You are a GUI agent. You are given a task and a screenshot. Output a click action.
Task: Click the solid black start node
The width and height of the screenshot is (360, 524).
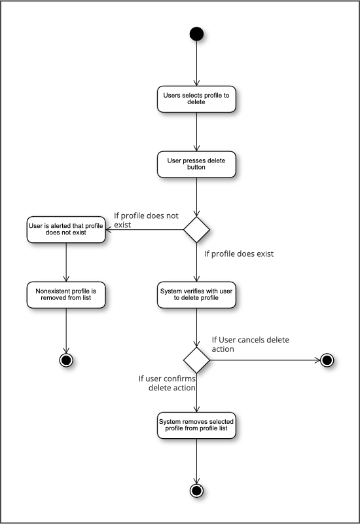click(196, 34)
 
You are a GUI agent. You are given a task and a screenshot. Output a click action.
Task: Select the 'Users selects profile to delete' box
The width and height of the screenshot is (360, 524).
click(196, 99)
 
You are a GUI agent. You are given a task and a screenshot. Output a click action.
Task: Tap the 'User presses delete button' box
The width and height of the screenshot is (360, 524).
click(196, 164)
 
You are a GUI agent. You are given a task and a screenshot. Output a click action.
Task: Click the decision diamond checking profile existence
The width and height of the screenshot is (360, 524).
click(196, 230)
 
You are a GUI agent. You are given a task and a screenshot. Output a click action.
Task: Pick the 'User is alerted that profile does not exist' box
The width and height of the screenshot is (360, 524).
click(66, 230)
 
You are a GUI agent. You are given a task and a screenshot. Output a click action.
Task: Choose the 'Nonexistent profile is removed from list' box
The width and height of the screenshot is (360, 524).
click(66, 295)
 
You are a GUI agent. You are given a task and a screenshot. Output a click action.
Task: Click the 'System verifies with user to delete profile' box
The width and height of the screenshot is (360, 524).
click(196, 295)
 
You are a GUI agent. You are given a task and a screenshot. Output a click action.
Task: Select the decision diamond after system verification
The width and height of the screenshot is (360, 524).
click(196, 360)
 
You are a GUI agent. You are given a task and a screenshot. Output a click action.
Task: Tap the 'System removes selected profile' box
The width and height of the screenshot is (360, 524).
click(196, 425)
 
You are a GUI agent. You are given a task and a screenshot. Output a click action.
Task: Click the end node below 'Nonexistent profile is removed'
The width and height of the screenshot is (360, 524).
click(66, 360)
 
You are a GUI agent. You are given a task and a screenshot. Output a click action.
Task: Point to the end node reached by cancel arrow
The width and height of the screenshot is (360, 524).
click(327, 360)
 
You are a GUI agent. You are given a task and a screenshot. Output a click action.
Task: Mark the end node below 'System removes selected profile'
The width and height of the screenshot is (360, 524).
click(196, 491)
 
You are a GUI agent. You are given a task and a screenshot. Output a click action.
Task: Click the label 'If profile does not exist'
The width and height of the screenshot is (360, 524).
click(146, 220)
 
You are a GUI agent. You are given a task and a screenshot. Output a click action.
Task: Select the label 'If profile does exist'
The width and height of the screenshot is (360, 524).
click(239, 254)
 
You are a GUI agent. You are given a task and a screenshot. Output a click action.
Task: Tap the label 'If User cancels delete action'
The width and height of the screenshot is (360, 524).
click(251, 345)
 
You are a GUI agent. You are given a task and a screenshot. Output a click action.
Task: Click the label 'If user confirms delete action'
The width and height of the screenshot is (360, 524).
click(167, 383)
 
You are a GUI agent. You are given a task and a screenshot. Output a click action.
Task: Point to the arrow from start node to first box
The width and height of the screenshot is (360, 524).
click(196, 63)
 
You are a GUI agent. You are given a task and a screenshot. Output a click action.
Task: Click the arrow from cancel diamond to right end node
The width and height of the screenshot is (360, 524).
click(265, 360)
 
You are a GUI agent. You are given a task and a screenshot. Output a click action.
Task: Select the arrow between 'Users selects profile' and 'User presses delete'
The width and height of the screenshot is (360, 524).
click(196, 132)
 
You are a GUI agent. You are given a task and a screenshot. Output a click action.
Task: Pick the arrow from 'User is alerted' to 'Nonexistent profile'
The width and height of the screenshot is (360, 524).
click(66, 263)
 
